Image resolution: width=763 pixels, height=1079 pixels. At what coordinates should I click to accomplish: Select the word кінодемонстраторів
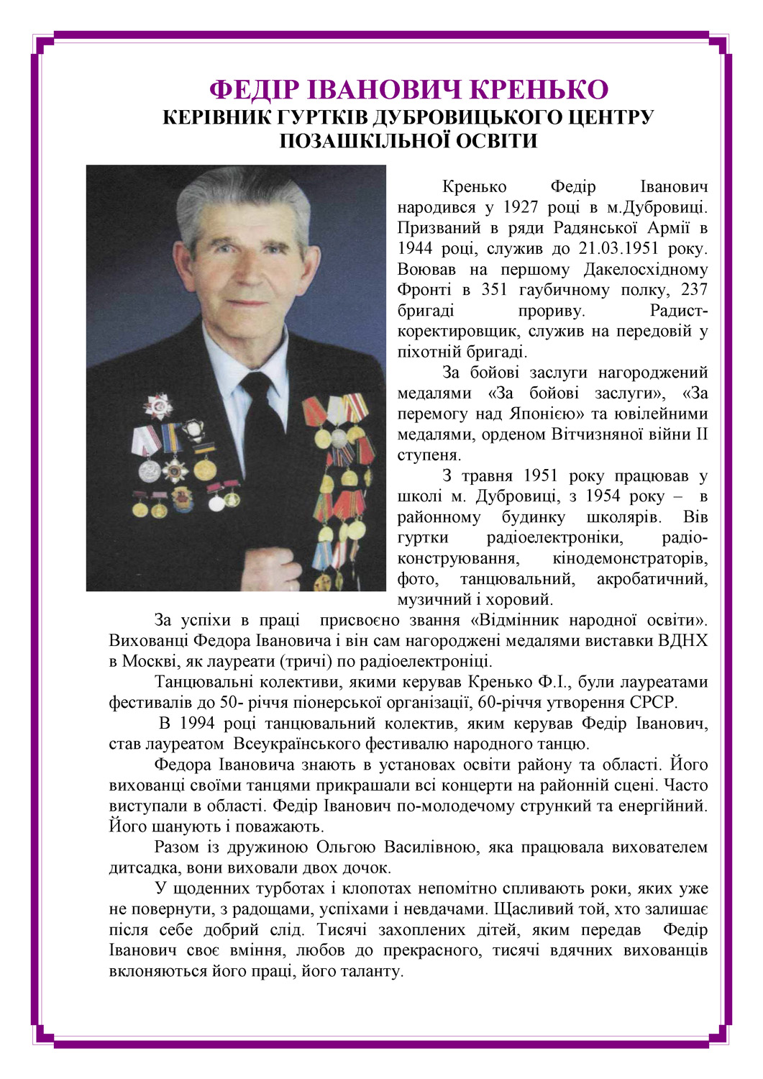point(630,558)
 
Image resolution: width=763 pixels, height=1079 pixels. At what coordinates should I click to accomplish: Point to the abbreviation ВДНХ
point(682,640)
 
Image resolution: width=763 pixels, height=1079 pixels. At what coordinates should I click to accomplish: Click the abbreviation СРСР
point(653,702)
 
